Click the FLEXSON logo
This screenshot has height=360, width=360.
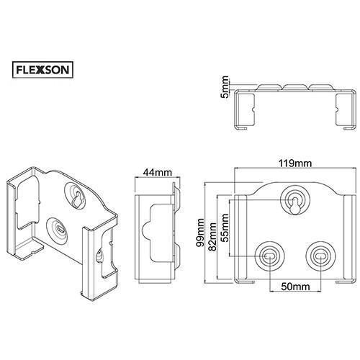(42, 70)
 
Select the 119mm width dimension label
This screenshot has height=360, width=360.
(295, 163)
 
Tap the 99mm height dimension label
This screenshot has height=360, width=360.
(199, 233)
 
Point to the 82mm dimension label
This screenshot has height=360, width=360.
(212, 237)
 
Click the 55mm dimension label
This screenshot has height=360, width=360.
(224, 228)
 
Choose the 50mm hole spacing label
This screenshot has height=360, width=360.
(295, 287)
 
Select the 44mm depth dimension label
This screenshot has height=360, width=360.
(158, 172)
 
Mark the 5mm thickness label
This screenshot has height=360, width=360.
(225, 87)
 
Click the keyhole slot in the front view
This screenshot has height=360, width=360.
(295, 206)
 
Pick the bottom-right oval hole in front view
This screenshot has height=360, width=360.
(320, 256)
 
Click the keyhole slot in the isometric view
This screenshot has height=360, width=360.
(77, 199)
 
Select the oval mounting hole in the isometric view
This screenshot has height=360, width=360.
(59, 229)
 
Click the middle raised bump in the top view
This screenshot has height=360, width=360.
(295, 87)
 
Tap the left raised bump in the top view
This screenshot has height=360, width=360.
(269, 87)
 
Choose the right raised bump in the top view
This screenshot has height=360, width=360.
(321, 87)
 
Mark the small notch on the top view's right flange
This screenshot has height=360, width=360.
(337, 110)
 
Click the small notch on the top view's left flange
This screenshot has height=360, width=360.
(253, 110)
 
